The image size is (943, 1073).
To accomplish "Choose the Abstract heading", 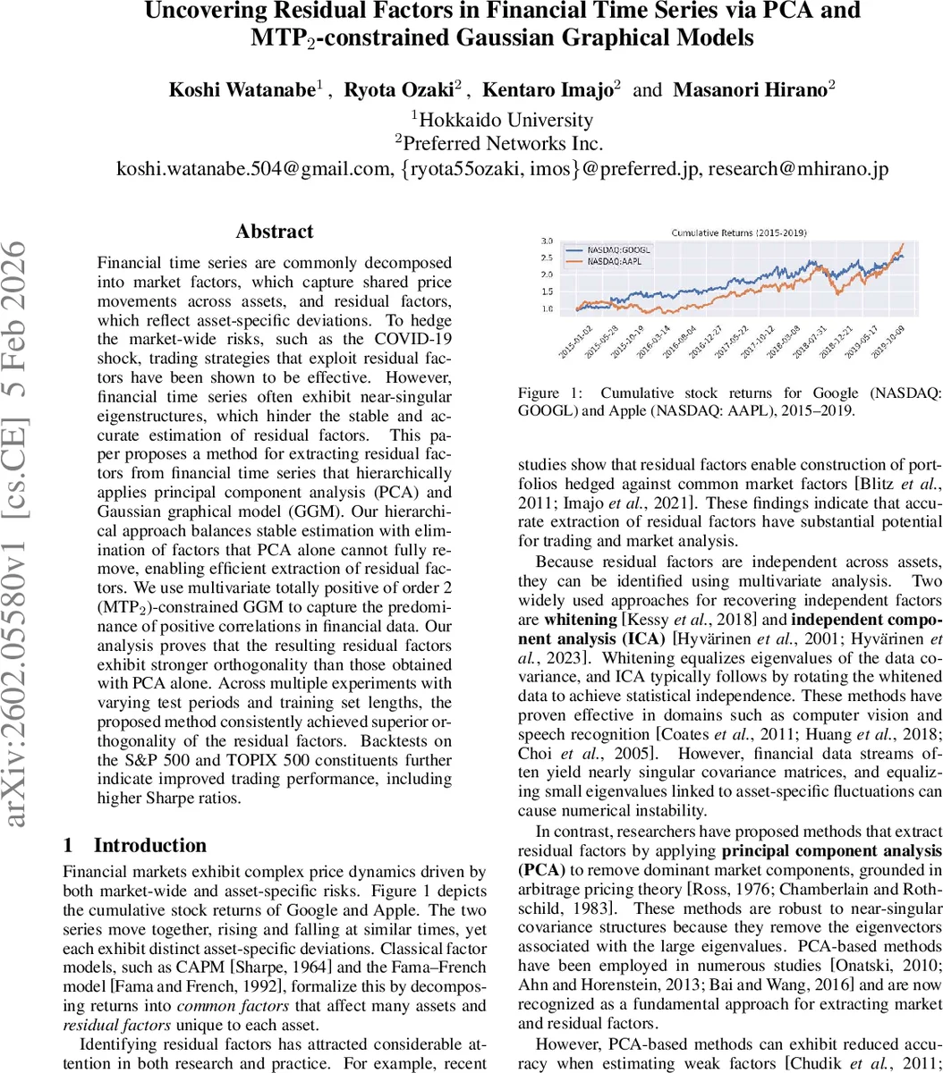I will pos(275,232).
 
